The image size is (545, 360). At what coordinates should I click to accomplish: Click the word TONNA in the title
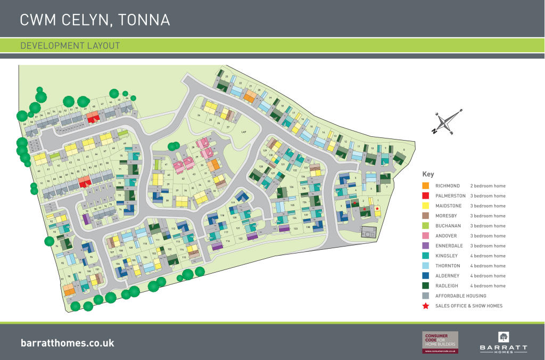click(x=144, y=20)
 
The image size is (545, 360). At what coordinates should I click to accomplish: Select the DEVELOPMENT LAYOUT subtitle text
click(x=70, y=46)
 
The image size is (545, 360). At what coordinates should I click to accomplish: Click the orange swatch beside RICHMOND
click(x=425, y=186)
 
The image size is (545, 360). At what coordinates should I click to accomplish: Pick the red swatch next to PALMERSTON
click(x=425, y=196)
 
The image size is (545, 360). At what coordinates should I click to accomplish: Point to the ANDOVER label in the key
click(x=447, y=236)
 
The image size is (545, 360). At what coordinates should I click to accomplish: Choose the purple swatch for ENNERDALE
click(x=425, y=246)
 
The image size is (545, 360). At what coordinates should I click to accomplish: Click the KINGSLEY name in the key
click(x=447, y=256)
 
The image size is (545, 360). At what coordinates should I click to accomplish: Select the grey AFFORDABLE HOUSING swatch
click(x=425, y=296)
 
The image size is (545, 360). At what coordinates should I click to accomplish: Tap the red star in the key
click(x=425, y=306)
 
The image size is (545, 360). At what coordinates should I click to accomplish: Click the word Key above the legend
click(x=428, y=174)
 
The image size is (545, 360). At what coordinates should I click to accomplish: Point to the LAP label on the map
click(x=244, y=132)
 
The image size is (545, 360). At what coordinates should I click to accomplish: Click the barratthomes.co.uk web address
click(x=67, y=343)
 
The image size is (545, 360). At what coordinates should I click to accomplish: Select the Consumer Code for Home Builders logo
click(x=440, y=342)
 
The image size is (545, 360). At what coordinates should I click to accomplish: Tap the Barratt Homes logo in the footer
click(x=503, y=342)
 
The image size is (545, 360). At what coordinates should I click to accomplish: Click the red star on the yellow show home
click(x=377, y=208)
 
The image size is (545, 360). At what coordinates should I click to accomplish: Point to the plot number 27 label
click(x=228, y=128)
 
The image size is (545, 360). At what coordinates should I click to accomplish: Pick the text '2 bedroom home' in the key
click(x=488, y=186)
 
